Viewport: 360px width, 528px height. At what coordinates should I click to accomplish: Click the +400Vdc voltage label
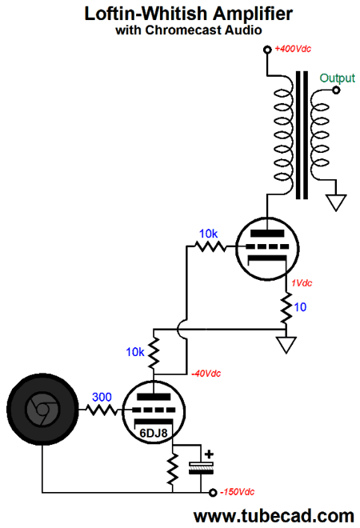click(x=293, y=49)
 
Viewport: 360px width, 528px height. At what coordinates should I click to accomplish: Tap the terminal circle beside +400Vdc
click(x=267, y=50)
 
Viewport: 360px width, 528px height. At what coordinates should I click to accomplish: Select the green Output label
click(x=337, y=78)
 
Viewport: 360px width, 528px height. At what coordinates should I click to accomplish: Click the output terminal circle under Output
click(x=336, y=90)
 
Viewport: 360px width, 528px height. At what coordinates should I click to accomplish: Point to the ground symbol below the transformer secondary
click(x=336, y=202)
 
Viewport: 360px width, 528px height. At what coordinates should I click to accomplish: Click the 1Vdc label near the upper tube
click(x=302, y=283)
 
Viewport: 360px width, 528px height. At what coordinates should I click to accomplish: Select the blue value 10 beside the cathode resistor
click(x=300, y=307)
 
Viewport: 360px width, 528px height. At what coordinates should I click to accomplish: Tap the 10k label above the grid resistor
click(x=208, y=234)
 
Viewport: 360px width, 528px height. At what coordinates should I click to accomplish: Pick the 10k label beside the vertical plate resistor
click(x=135, y=352)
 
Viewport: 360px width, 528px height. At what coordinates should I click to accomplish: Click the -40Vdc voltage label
click(x=206, y=374)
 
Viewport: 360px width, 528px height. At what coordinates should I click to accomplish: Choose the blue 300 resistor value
click(x=102, y=398)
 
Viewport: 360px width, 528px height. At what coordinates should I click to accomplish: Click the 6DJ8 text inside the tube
click(x=154, y=433)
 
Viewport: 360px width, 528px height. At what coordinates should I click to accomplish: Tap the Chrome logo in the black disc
click(x=42, y=410)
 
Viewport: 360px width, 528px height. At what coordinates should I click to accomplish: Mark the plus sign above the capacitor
click(x=209, y=454)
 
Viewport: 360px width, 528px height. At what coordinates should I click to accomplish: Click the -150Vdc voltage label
click(x=237, y=492)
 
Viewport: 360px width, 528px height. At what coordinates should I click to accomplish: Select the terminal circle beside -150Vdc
click(x=213, y=493)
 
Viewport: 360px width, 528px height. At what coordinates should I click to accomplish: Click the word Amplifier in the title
click(x=253, y=14)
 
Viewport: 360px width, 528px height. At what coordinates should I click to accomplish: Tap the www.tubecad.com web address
click(x=274, y=516)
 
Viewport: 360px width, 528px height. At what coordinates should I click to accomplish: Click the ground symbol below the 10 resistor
click(x=286, y=345)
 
